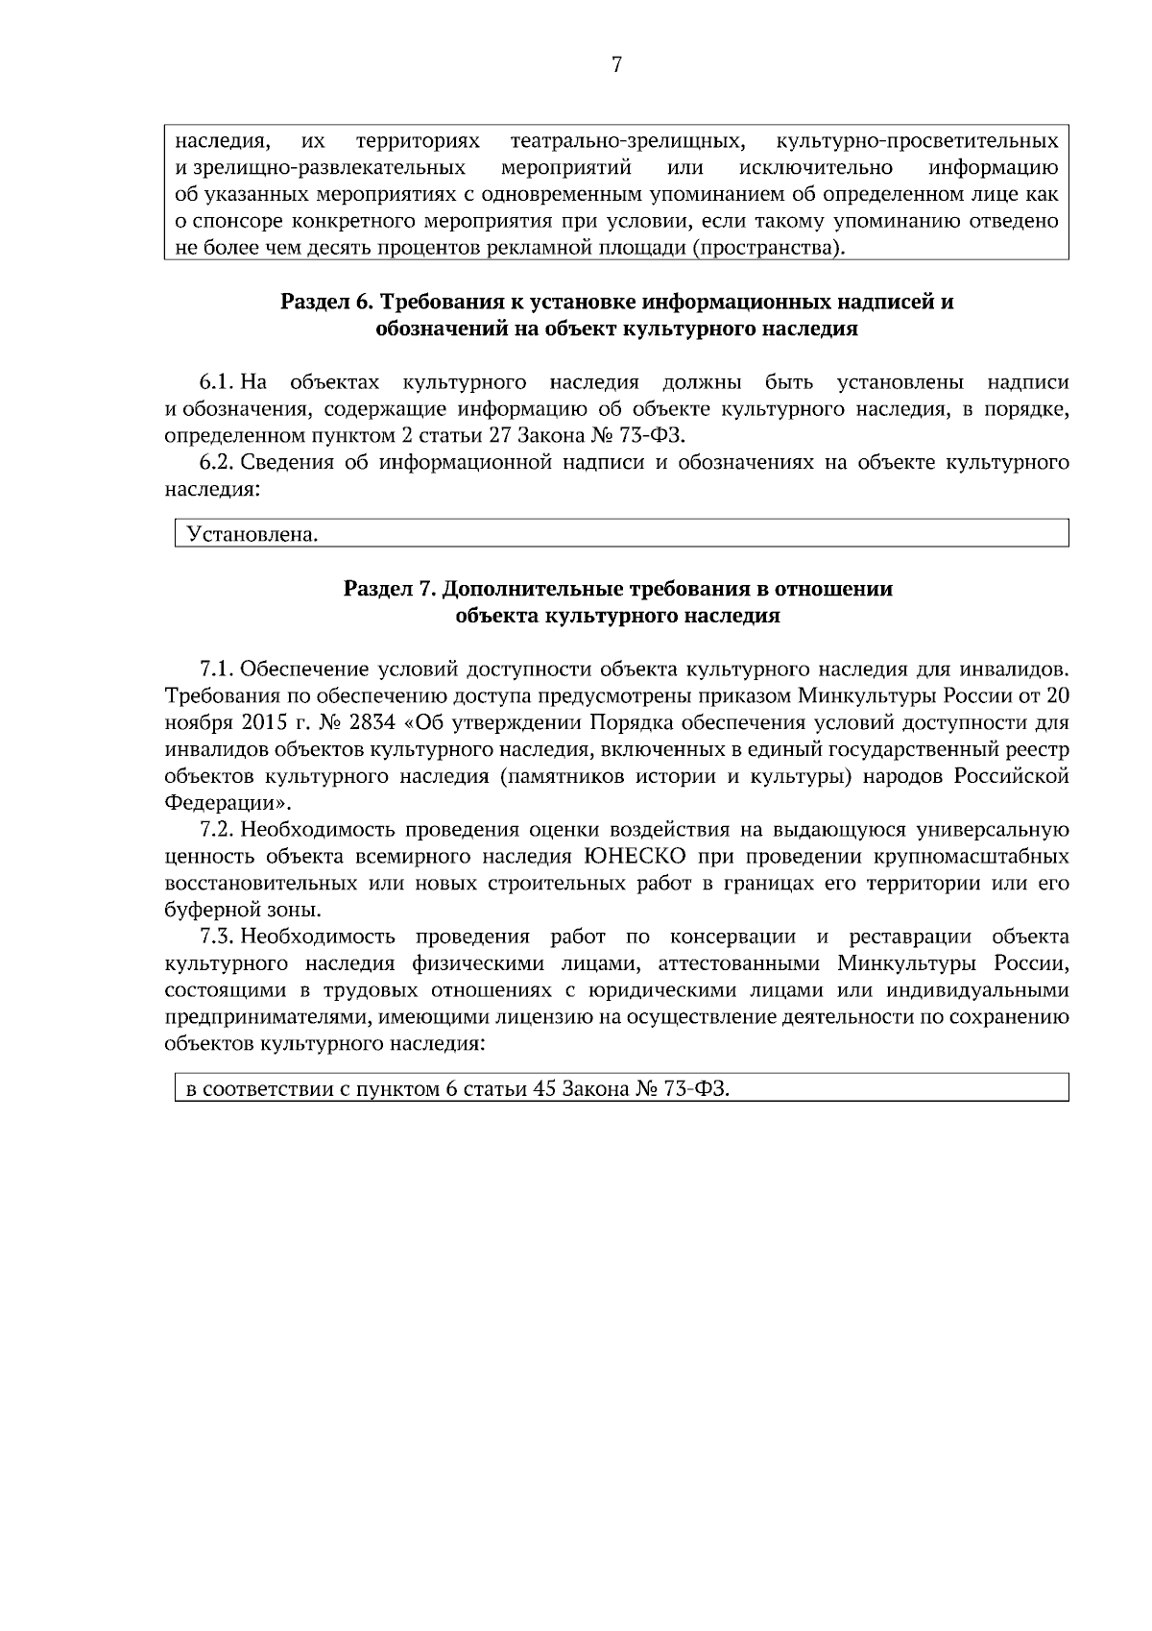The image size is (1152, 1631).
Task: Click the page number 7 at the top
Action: (x=616, y=65)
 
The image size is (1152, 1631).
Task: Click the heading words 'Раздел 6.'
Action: (x=325, y=303)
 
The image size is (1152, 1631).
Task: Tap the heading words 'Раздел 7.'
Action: (x=389, y=589)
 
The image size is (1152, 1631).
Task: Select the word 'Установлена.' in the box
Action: (x=252, y=534)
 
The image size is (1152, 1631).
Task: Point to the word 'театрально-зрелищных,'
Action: (x=628, y=142)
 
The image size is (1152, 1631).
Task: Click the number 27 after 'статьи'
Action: (x=502, y=436)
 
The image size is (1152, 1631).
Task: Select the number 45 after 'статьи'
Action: (x=545, y=1089)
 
